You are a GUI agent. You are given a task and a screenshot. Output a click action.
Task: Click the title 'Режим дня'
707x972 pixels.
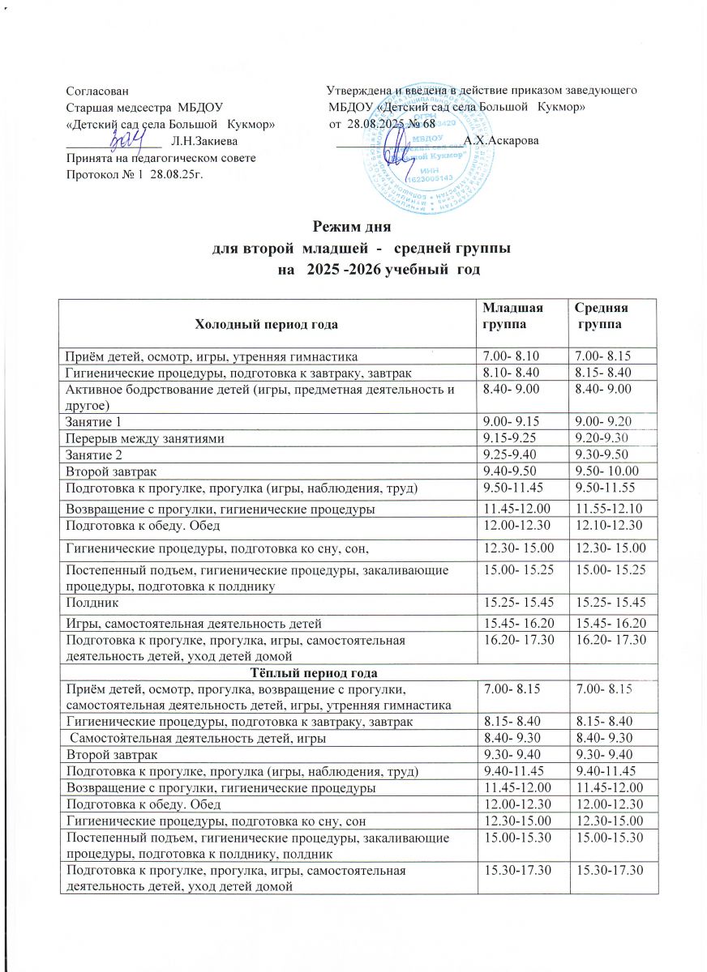click(352, 228)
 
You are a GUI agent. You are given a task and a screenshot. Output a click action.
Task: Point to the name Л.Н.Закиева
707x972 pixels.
click(199, 143)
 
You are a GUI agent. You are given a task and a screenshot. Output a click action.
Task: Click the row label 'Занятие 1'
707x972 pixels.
click(93, 421)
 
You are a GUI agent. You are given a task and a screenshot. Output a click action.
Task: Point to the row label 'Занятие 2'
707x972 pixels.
click(93, 454)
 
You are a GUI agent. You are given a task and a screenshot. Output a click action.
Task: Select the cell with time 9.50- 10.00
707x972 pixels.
click(604, 470)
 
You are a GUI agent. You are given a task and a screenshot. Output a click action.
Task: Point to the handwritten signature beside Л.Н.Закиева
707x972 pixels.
click(128, 140)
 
